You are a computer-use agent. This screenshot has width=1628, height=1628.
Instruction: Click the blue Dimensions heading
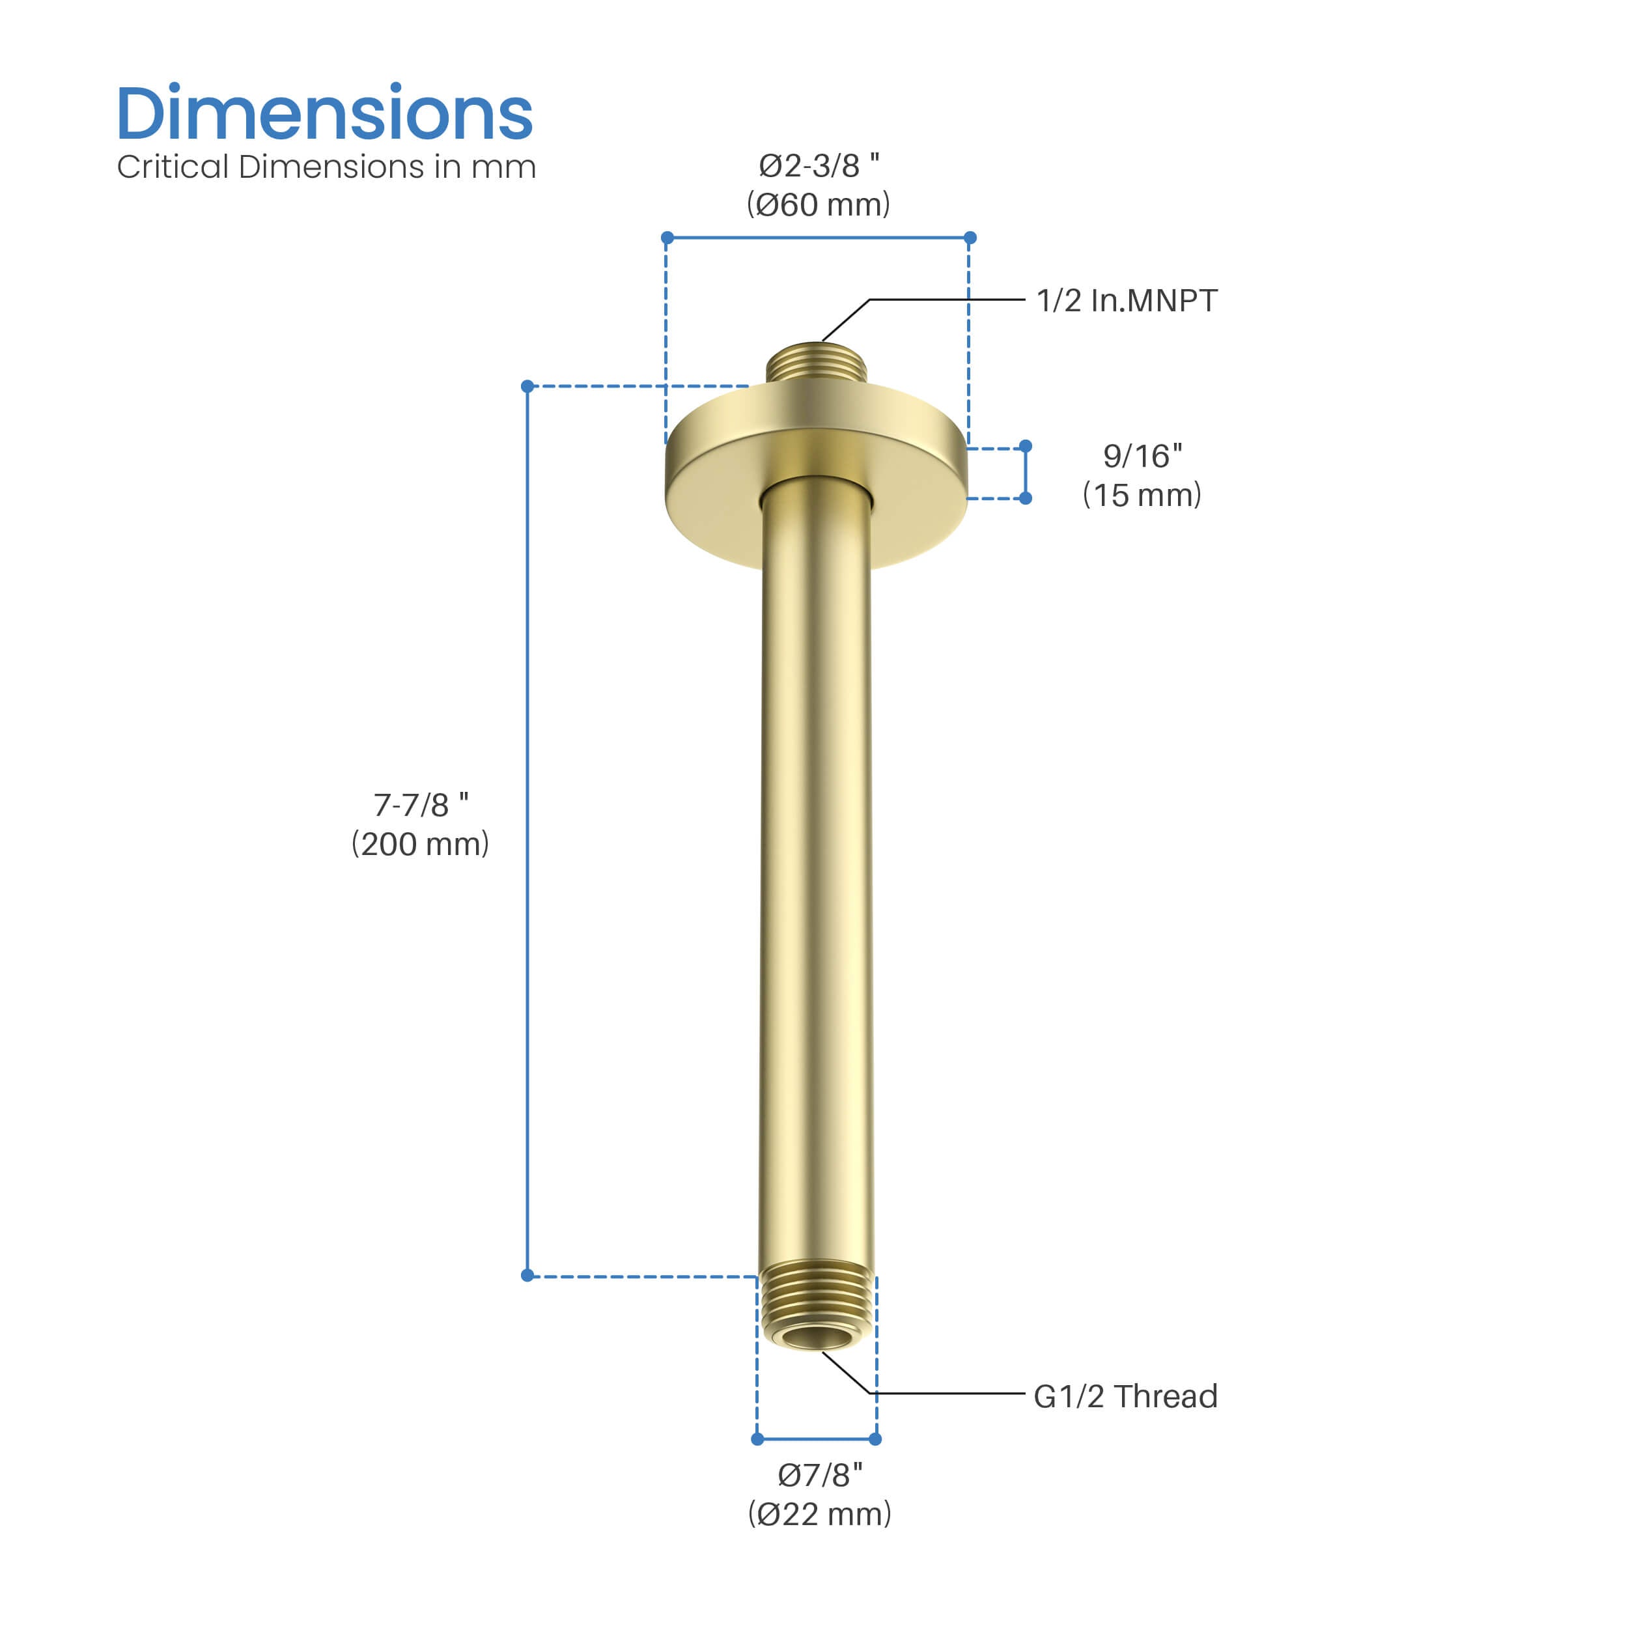[x=324, y=114]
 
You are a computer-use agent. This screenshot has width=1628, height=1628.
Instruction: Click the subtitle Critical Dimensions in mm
[x=326, y=167]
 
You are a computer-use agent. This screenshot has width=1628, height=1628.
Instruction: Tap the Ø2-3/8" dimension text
[x=818, y=166]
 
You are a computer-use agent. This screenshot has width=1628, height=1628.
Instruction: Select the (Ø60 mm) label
[x=818, y=204]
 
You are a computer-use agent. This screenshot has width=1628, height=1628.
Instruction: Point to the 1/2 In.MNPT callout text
[x=1127, y=301]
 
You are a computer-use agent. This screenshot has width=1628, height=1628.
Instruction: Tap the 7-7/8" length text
[x=421, y=805]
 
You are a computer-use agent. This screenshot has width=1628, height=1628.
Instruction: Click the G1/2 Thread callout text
[x=1125, y=1396]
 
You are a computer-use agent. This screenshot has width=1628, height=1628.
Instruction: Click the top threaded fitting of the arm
[x=817, y=362]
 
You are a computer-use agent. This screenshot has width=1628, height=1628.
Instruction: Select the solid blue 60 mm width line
[x=818, y=238]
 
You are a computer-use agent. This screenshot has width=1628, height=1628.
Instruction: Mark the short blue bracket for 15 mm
[x=1026, y=472]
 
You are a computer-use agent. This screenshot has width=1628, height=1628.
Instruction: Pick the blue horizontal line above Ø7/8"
[x=816, y=1439]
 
